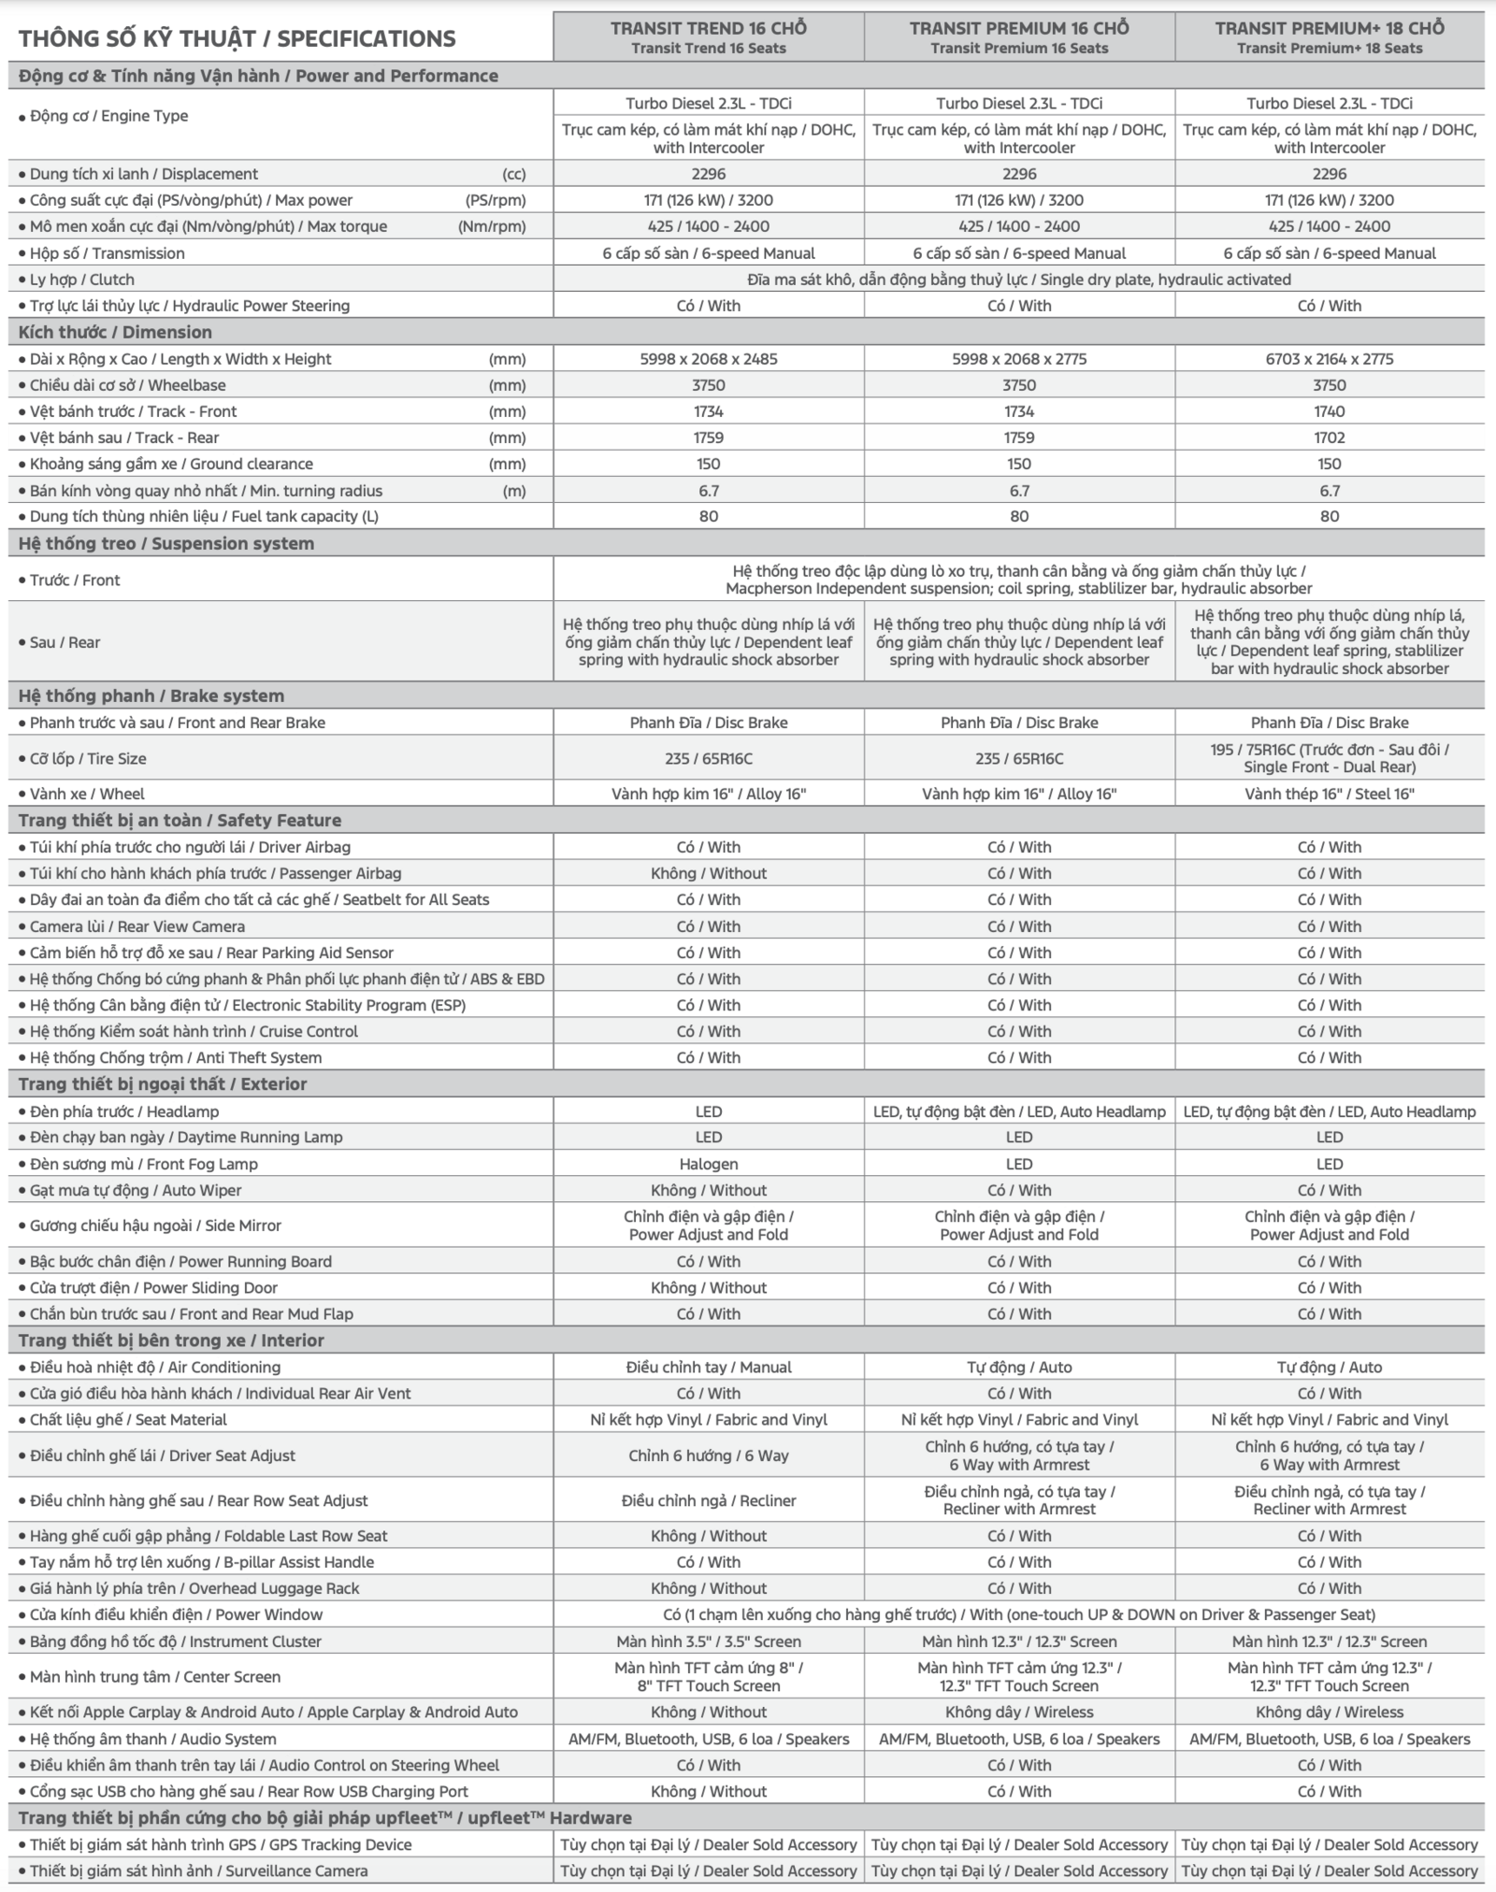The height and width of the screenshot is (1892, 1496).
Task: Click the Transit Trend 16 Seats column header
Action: click(708, 37)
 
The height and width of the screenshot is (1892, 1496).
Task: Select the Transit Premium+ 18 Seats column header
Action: click(1329, 37)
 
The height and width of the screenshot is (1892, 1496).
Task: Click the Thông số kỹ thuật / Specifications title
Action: click(237, 38)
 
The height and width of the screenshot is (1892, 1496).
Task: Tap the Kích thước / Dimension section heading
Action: click(115, 332)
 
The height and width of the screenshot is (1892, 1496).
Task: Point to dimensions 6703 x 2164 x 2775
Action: click(1329, 359)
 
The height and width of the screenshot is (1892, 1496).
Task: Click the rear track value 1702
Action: click(1329, 437)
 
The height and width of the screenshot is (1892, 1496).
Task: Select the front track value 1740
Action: click(1329, 411)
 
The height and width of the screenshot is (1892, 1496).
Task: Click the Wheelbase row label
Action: click(127, 385)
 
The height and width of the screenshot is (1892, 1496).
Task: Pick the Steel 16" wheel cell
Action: click(1329, 794)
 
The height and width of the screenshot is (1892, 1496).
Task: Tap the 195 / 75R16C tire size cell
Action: click(1329, 758)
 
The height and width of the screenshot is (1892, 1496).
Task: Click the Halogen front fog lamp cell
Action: click(708, 1164)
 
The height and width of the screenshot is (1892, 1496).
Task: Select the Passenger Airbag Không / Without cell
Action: click(708, 873)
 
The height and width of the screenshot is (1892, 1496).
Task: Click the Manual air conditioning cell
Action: click(708, 1367)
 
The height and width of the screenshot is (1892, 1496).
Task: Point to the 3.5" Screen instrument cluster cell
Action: click(708, 1641)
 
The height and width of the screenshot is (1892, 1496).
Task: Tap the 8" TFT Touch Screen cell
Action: click(708, 1677)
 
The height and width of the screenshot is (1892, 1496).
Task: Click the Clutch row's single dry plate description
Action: click(1018, 279)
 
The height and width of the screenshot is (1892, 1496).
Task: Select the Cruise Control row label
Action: click(194, 1031)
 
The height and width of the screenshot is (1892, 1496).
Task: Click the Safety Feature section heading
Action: click(180, 820)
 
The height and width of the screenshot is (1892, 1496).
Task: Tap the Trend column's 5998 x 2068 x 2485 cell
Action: click(708, 359)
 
